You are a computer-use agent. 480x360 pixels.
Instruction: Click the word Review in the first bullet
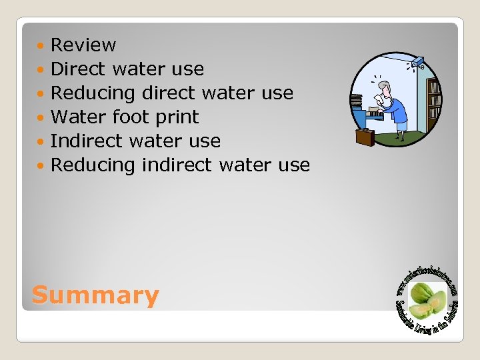tap(83, 45)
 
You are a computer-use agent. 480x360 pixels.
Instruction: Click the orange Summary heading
tap(95, 295)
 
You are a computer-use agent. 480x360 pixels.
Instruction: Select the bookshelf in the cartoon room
tap(433, 100)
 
